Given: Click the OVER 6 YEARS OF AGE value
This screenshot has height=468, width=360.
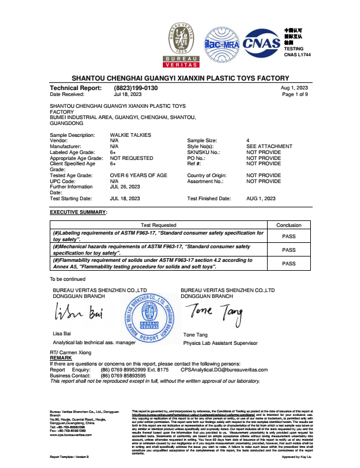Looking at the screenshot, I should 139,175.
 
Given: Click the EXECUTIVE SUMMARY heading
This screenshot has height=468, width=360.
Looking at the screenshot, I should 78,211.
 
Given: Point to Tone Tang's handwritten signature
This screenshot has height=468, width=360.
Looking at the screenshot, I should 215,310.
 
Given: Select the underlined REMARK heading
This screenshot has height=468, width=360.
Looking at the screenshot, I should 61,358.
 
